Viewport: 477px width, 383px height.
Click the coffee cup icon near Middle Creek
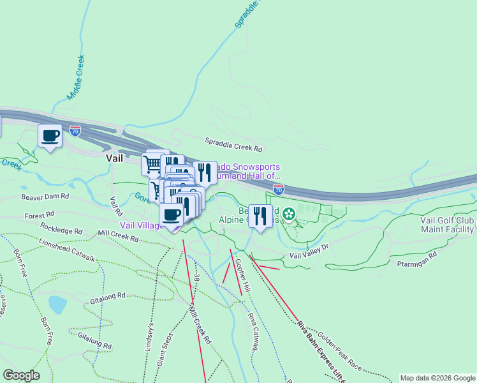tap(50, 135)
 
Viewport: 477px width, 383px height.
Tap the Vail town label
tap(114, 158)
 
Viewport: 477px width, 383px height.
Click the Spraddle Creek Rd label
tap(233, 145)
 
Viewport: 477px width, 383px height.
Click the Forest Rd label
tap(40, 216)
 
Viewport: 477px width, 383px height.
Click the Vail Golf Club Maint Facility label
tap(447, 225)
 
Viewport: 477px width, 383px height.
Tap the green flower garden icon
tap(289, 214)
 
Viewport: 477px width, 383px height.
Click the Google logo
tap(21, 375)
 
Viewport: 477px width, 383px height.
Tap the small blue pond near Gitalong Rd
tap(57, 304)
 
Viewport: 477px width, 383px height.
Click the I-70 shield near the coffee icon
tap(75, 131)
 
